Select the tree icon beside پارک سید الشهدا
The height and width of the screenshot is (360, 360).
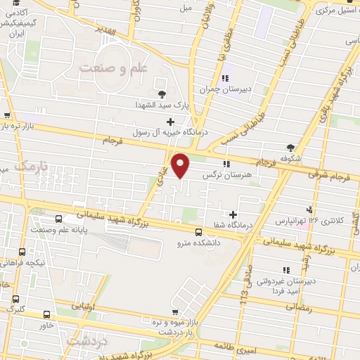[162, 94]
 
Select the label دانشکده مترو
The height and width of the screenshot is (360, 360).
[200, 243]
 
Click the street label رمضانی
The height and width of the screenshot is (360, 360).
[297, 307]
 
